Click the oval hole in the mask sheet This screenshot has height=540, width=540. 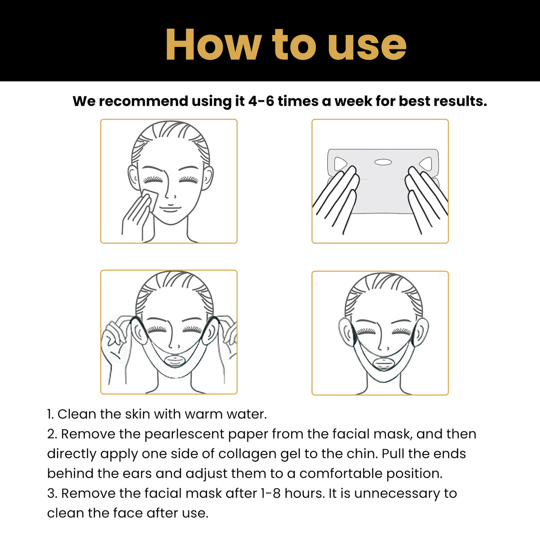tap(383, 162)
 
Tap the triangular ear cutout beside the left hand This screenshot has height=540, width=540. tap(340, 164)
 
